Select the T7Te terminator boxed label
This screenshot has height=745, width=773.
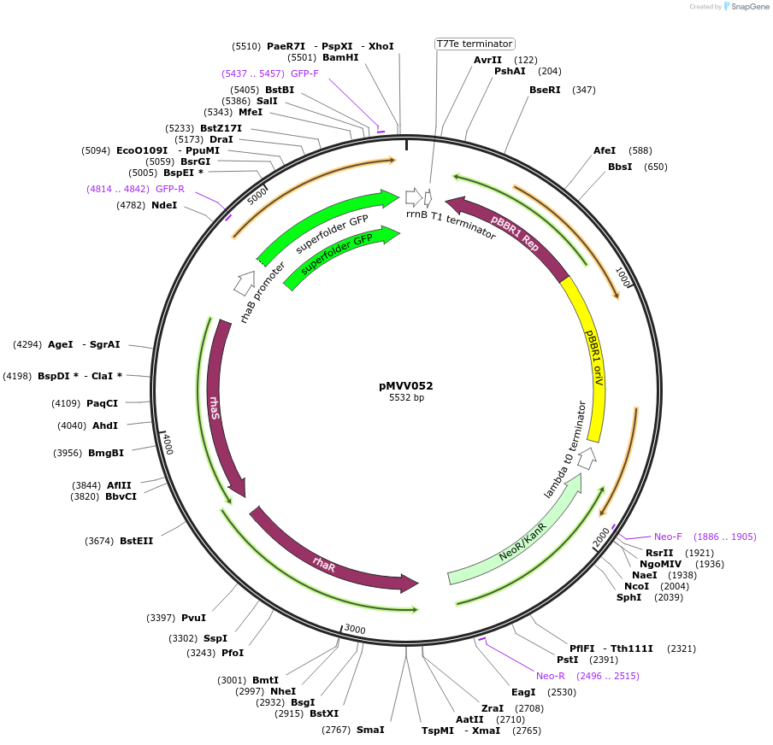[x=475, y=44]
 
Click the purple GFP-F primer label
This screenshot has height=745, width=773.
[x=304, y=73]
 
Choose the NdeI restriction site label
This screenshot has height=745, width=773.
[x=164, y=205]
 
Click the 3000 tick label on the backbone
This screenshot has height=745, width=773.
[x=355, y=631]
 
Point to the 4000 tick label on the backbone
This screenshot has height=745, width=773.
[x=168, y=443]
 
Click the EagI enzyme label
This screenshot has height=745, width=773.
[x=523, y=692]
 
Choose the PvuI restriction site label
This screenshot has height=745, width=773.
[x=193, y=618]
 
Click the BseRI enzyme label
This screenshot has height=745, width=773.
[x=545, y=90]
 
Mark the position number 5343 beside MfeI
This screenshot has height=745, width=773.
[x=218, y=112]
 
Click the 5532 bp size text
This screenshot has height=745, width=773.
[x=406, y=397]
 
